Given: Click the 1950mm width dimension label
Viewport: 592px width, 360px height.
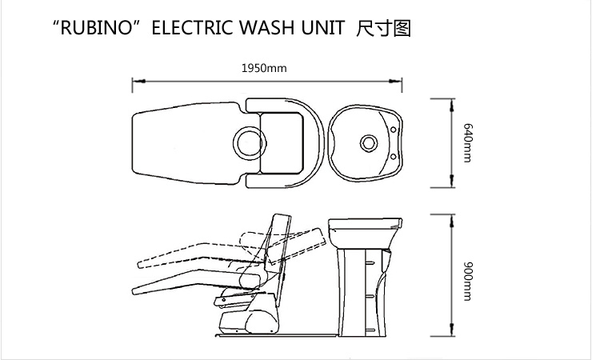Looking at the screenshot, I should click(x=264, y=68).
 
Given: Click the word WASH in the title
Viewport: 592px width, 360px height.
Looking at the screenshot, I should click(x=263, y=30).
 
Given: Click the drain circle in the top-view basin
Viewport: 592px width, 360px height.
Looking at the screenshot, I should click(x=368, y=143).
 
